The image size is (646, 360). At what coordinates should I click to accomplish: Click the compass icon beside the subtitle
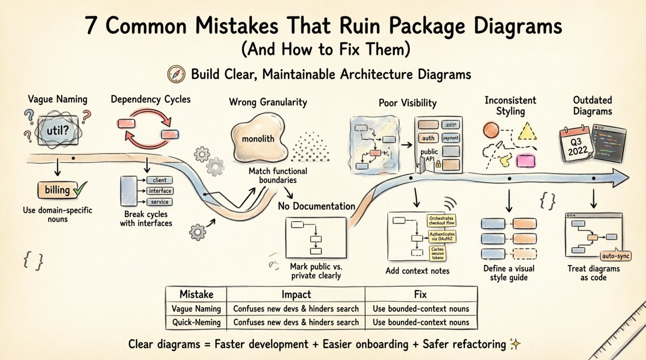pyautogui.click(x=176, y=74)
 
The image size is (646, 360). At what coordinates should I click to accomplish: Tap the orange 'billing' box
pyautogui.click(x=57, y=190)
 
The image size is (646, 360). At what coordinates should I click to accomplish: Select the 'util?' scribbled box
pyautogui.click(x=57, y=131)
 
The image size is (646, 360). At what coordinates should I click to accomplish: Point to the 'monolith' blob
pyautogui.click(x=259, y=138)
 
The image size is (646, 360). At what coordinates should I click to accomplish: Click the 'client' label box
pyautogui.click(x=160, y=180)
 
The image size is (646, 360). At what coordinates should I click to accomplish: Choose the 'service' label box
pyautogui.click(x=160, y=202)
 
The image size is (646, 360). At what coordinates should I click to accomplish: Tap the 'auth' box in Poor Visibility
pyautogui.click(x=428, y=138)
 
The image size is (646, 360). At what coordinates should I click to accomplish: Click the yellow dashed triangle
pyautogui.click(x=527, y=132)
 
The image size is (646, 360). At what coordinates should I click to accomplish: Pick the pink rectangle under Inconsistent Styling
pyautogui.click(x=526, y=160)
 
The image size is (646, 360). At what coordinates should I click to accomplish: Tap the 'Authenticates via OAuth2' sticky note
pyautogui.click(x=442, y=237)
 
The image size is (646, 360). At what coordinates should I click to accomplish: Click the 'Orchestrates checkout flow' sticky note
pyautogui.click(x=441, y=221)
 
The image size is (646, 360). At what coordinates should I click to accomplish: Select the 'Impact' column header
pyautogui.click(x=296, y=294)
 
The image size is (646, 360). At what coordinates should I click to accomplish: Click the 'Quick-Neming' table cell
pyautogui.click(x=196, y=322)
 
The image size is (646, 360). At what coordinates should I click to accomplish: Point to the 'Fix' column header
pyautogui.click(x=420, y=294)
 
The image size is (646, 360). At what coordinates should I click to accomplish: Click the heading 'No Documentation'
pyautogui.click(x=316, y=206)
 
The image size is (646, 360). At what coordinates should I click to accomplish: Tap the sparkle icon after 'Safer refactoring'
pyautogui.click(x=515, y=344)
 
